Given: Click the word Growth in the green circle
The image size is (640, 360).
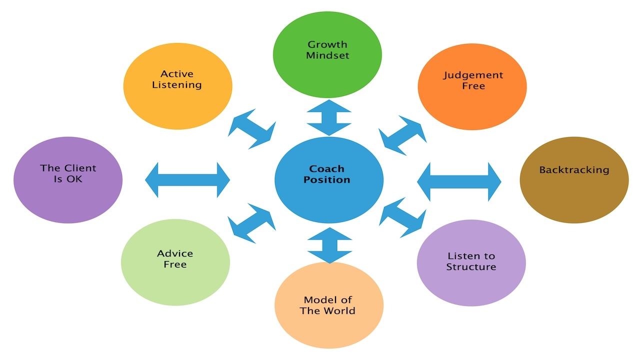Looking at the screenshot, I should pyautogui.click(x=327, y=44).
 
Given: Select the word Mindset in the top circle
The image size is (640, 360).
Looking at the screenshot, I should pyautogui.click(x=327, y=55).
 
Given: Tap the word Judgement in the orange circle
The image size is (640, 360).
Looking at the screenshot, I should pyautogui.click(x=473, y=75).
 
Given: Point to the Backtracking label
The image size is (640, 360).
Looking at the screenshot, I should pyautogui.click(x=574, y=170).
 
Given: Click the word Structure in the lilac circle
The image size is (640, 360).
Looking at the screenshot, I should pyautogui.click(x=471, y=267).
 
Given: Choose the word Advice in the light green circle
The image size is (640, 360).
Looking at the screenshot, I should pyautogui.click(x=175, y=253).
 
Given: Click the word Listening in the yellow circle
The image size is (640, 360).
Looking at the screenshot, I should pyautogui.click(x=177, y=85).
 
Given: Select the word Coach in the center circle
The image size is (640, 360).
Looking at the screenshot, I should pyautogui.click(x=326, y=169).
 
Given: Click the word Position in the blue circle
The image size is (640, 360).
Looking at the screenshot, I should pyautogui.click(x=327, y=180).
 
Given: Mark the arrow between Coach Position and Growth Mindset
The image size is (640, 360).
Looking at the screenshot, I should pyautogui.click(x=329, y=117).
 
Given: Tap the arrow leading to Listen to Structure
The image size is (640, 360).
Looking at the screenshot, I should pyautogui.click(x=403, y=217).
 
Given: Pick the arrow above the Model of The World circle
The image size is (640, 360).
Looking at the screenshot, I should pyautogui.click(x=329, y=245).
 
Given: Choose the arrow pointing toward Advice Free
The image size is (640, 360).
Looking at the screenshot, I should pyautogui.click(x=251, y=223).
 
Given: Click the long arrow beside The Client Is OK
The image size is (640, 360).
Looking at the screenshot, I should pyautogui.click(x=187, y=179).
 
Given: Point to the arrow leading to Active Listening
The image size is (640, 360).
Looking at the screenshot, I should pyautogui.click(x=252, y=128).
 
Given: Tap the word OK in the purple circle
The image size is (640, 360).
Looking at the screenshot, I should pyautogui.click(x=74, y=179).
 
